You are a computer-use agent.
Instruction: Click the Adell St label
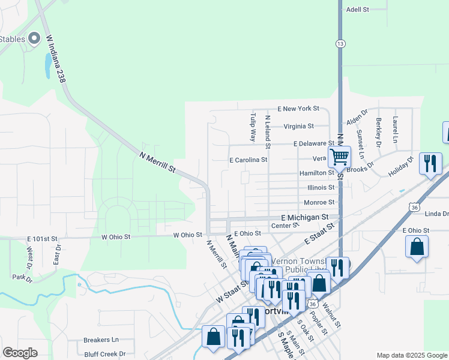coord(357,10)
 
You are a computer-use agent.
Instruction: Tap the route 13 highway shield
coord(340,43)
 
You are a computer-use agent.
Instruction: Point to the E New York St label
coord(298,109)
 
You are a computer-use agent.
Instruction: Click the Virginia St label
coord(298,126)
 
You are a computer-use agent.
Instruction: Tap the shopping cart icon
coord(340,157)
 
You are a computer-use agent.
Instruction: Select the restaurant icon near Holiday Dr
coord(430,163)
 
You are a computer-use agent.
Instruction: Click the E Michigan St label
coord(304,217)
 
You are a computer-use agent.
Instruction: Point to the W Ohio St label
coord(116,237)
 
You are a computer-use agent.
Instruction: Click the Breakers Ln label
coord(101,340)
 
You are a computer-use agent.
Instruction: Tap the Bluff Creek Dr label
coord(104,355)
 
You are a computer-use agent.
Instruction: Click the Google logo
coord(20,353)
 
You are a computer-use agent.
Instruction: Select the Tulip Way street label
coord(253,127)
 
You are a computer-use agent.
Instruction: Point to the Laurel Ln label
coord(395,130)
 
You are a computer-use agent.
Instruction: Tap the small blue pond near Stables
coord(47,65)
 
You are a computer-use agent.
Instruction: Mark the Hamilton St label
coord(317,173)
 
